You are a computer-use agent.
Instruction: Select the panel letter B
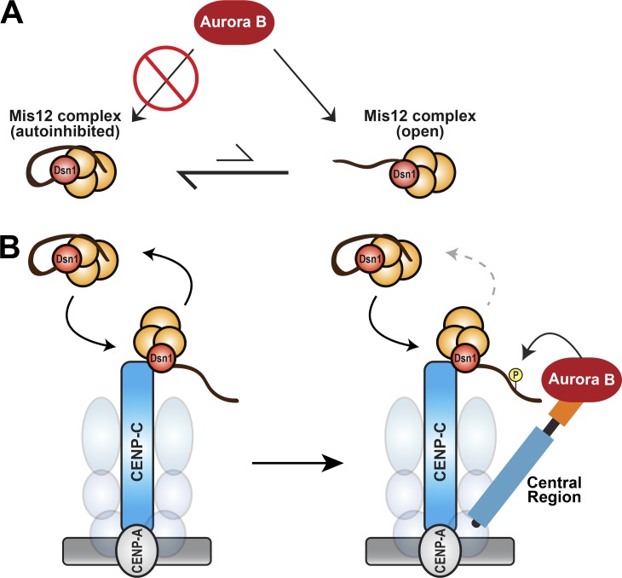(14, 248)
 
